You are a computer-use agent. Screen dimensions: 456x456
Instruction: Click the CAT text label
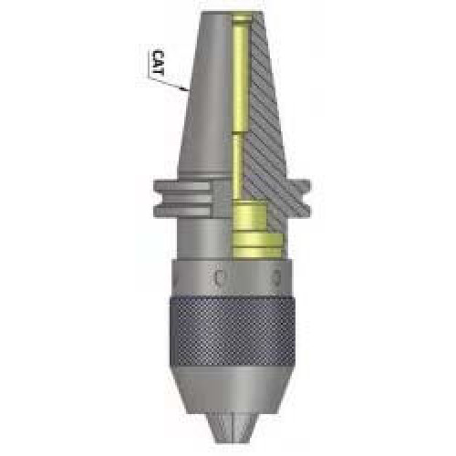point(159,63)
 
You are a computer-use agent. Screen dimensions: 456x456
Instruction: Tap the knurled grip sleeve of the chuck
point(232,332)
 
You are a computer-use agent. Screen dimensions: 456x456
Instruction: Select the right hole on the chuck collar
point(276,277)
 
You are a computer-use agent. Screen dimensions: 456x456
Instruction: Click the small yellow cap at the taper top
point(243,18)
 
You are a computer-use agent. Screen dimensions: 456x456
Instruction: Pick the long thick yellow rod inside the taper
point(240,78)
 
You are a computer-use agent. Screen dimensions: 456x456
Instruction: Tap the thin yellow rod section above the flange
point(239,166)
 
